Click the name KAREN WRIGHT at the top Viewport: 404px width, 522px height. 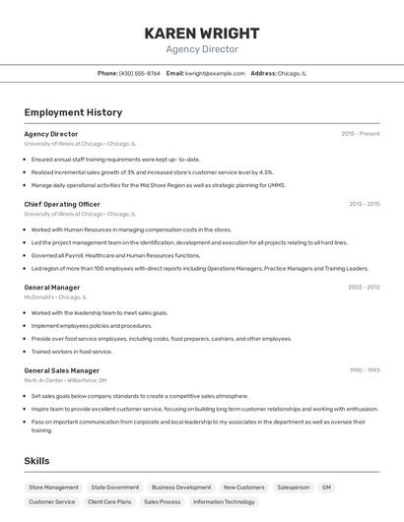coord(201,33)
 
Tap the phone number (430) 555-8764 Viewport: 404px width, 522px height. coord(139,73)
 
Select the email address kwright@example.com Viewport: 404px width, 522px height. coord(215,73)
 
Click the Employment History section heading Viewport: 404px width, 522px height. coord(73,113)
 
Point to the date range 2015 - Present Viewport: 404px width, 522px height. coord(361,134)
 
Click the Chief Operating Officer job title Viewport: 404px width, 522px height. coord(62,204)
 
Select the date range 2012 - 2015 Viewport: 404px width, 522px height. coord(364,204)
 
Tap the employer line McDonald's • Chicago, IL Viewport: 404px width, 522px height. coord(55,296)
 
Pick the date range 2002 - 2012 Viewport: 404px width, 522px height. coord(364,288)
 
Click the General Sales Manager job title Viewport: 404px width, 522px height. coord(62,370)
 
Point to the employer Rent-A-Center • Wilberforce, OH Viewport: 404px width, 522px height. coord(65,380)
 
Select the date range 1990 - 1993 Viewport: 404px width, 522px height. coord(364,370)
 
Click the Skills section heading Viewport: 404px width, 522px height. coord(36,461)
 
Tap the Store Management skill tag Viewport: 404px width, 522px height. coord(53,487)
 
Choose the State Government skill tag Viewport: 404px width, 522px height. coord(115,487)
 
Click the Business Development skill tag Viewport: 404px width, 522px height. coord(181,487)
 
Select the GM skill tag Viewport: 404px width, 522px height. coord(326,487)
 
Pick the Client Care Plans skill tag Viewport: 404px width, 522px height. coord(109,501)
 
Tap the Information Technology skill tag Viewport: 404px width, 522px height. coord(224,501)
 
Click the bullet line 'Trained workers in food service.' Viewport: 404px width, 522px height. coord(71,351)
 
